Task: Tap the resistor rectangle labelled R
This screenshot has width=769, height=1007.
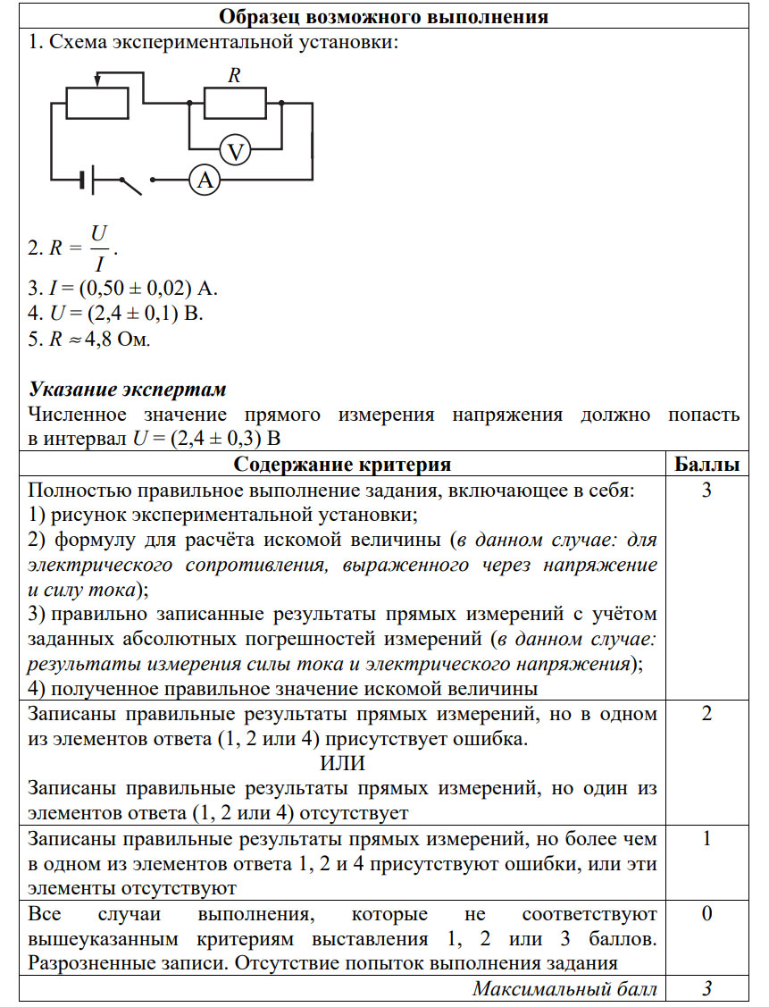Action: [x=235, y=104]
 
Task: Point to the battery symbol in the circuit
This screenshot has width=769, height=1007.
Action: [x=85, y=180]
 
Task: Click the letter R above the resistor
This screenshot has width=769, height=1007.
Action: [x=234, y=76]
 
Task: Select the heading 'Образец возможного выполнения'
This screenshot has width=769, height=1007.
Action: [x=383, y=16]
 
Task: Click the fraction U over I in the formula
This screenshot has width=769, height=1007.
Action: [x=99, y=248]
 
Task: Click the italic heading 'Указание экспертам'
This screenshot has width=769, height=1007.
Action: [x=128, y=390]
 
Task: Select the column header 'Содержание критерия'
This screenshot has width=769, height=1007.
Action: [x=342, y=465]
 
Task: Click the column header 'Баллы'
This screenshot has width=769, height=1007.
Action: [x=706, y=465]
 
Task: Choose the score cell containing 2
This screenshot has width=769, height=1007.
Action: [x=706, y=715]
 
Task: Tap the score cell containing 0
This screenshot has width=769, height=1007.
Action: [x=706, y=915]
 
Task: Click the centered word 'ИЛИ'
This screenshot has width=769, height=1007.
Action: [x=342, y=764]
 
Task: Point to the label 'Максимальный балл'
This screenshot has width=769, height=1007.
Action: [x=564, y=989]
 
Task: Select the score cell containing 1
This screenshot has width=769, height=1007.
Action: [x=706, y=840]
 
